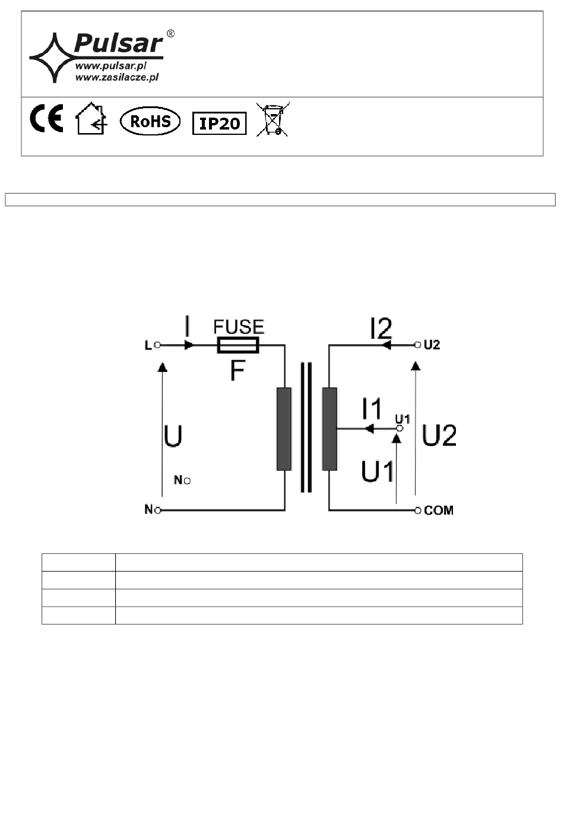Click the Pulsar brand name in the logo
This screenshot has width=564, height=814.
[x=118, y=43]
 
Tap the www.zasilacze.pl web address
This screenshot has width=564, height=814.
[x=117, y=77]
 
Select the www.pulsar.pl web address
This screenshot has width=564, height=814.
[x=111, y=66]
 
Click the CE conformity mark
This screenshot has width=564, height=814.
[x=46, y=118]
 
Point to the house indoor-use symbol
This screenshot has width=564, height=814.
[x=91, y=118]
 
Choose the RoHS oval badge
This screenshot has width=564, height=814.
[x=150, y=121]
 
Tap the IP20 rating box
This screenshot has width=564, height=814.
[x=219, y=124]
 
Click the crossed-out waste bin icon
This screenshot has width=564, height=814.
[x=273, y=119]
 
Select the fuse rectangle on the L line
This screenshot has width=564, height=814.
[x=238, y=345]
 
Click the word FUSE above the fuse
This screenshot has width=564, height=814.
[x=239, y=327]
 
